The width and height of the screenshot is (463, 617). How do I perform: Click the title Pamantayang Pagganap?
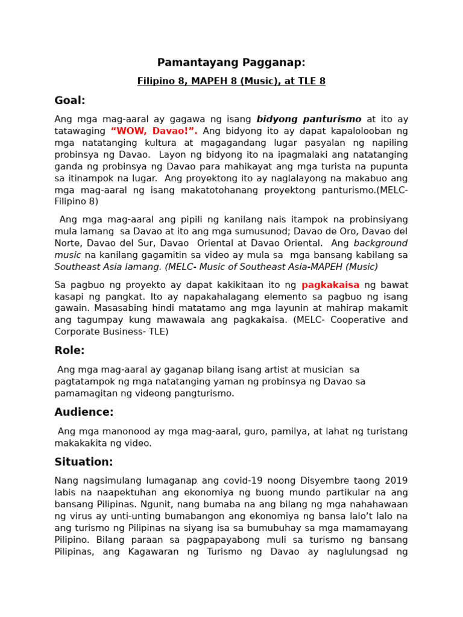pyautogui.click(x=231, y=63)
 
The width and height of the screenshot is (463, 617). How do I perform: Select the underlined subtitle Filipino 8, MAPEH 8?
pyautogui.click(x=231, y=81)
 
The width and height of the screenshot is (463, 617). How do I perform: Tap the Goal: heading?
pyautogui.click(x=70, y=101)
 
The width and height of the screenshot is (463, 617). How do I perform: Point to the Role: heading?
pyautogui.click(x=69, y=351)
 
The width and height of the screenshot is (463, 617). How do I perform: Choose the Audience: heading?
pyautogui.click(x=84, y=413)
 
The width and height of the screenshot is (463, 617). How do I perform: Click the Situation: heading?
pyautogui.click(x=84, y=462)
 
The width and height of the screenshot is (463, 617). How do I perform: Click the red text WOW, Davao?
pyautogui.click(x=154, y=131)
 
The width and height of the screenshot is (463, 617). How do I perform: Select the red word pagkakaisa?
pyautogui.click(x=330, y=285)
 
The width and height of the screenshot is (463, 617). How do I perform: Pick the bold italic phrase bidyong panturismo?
pyautogui.click(x=309, y=119)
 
